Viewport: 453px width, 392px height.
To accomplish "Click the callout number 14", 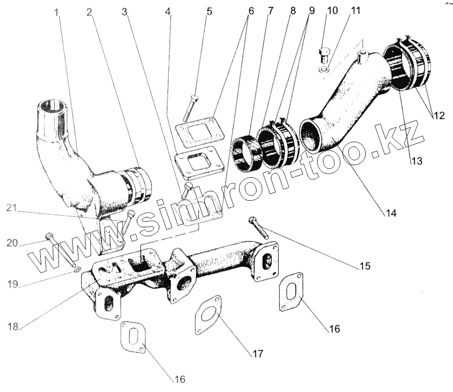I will pyautogui.click(x=391, y=213).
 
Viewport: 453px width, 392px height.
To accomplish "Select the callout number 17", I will pyautogui.click(x=257, y=353).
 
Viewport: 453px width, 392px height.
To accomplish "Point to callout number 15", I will pyautogui.click(x=364, y=266).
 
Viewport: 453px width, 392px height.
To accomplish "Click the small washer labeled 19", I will pyautogui.click(x=76, y=270).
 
